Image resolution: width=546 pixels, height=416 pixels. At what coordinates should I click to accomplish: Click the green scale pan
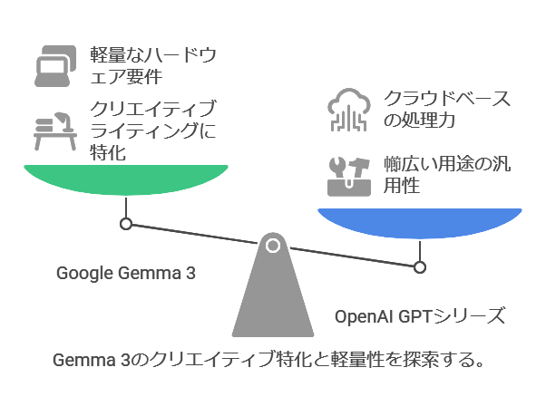pyautogui.click(x=125, y=181)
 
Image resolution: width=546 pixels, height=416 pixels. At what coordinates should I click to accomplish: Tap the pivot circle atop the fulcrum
pyautogui.click(x=273, y=244)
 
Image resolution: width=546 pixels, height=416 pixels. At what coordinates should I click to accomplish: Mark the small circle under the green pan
pyautogui.click(x=126, y=223)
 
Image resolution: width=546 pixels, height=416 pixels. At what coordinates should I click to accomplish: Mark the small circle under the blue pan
pyautogui.click(x=419, y=266)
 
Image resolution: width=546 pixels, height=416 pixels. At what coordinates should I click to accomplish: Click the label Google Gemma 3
pyautogui.click(x=126, y=273)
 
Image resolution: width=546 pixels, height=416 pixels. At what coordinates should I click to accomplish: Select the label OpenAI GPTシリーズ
pyautogui.click(x=419, y=316)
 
